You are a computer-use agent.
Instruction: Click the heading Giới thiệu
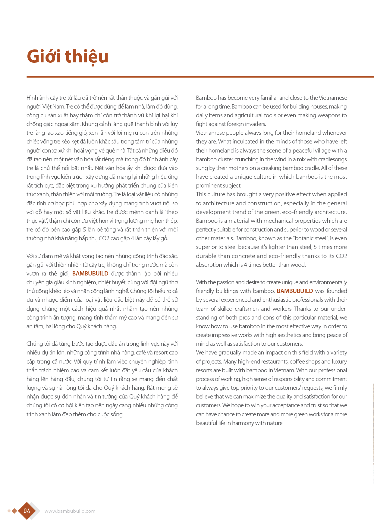pos(68,56)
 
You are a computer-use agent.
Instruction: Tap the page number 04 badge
pos(27,511)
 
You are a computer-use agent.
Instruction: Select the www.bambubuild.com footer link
pos(70,511)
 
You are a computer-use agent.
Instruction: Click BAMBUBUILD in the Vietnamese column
pos(90,273)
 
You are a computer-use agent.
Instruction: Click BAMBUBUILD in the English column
pos(295,291)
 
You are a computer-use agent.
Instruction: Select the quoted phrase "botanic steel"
pos(311,238)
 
